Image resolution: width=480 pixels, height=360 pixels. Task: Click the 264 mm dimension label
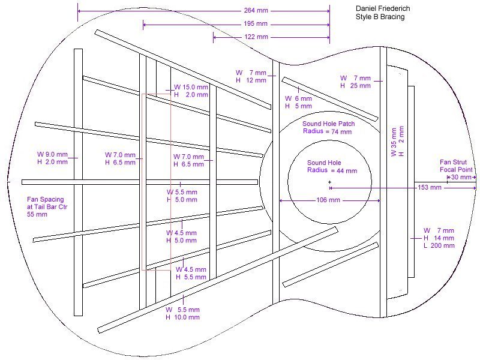pyautogui.click(x=256, y=10)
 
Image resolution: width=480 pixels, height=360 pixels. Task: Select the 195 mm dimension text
pyautogui.click(x=256, y=23)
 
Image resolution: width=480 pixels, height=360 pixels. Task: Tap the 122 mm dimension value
pyautogui.click(x=256, y=37)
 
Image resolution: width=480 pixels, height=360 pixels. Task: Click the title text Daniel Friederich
pyautogui.click(x=383, y=8)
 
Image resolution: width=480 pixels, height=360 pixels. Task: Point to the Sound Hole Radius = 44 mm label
pyautogui.click(x=332, y=167)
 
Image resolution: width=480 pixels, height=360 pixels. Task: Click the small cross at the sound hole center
pyautogui.click(x=329, y=182)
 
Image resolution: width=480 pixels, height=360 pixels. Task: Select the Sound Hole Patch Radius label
pyautogui.click(x=328, y=128)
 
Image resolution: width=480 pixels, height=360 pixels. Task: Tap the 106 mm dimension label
pyautogui.click(x=328, y=200)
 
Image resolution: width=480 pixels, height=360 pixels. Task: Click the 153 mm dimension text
pyautogui.click(x=430, y=187)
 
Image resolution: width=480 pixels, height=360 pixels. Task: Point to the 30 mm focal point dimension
pyautogui.click(x=461, y=177)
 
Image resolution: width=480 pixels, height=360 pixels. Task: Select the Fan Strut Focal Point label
pyautogui.click(x=456, y=166)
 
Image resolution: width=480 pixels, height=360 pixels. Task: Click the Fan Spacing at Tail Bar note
pyautogui.click(x=47, y=206)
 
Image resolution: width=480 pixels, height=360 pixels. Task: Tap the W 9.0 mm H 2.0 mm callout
pyautogui.click(x=52, y=158)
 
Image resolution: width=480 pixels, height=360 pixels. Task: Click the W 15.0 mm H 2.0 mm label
pyautogui.click(x=191, y=91)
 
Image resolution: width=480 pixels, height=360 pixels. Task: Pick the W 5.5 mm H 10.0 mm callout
pyautogui.click(x=183, y=313)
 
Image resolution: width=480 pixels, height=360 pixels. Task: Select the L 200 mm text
pyautogui.click(x=439, y=245)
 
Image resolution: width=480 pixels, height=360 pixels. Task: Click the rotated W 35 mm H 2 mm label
pyautogui.click(x=398, y=142)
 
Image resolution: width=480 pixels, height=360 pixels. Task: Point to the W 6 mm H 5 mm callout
pyautogui.click(x=298, y=102)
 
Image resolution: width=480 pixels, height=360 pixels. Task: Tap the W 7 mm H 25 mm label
pyautogui.click(x=355, y=82)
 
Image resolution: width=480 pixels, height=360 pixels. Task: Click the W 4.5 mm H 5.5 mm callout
pyautogui.click(x=191, y=274)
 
